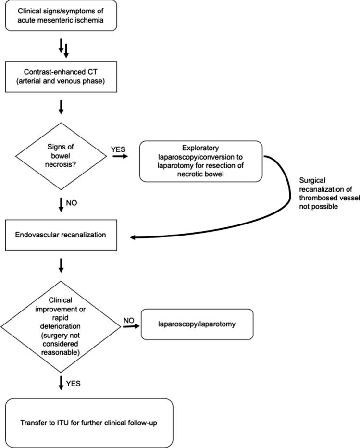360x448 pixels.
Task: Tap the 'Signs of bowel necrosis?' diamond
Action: click(61, 154)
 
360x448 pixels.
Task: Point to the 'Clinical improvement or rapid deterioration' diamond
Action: click(61, 325)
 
